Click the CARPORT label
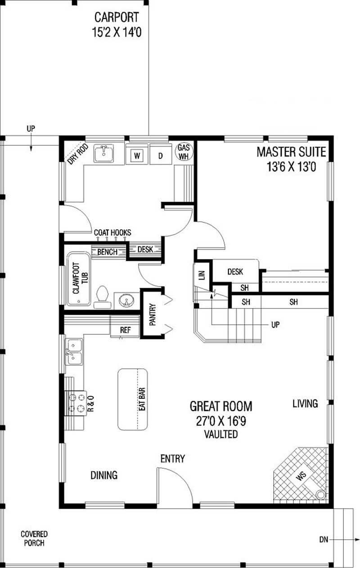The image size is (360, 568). pyautogui.click(x=117, y=18)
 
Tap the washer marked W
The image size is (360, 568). pyautogui.click(x=138, y=156)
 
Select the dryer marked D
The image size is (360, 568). pyautogui.click(x=160, y=156)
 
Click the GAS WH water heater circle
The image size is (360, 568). pyautogui.click(x=184, y=152)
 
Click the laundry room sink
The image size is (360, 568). pyautogui.click(x=104, y=153)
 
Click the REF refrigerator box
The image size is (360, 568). pyautogui.click(x=125, y=330)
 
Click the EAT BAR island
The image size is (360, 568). pyautogui.click(x=134, y=399)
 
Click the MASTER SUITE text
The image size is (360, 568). pyautogui.click(x=291, y=152)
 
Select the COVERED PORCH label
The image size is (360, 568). pyautogui.click(x=34, y=538)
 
